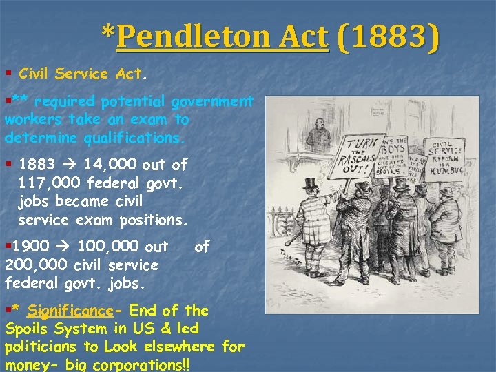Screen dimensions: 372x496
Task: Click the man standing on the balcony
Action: (318, 134)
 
